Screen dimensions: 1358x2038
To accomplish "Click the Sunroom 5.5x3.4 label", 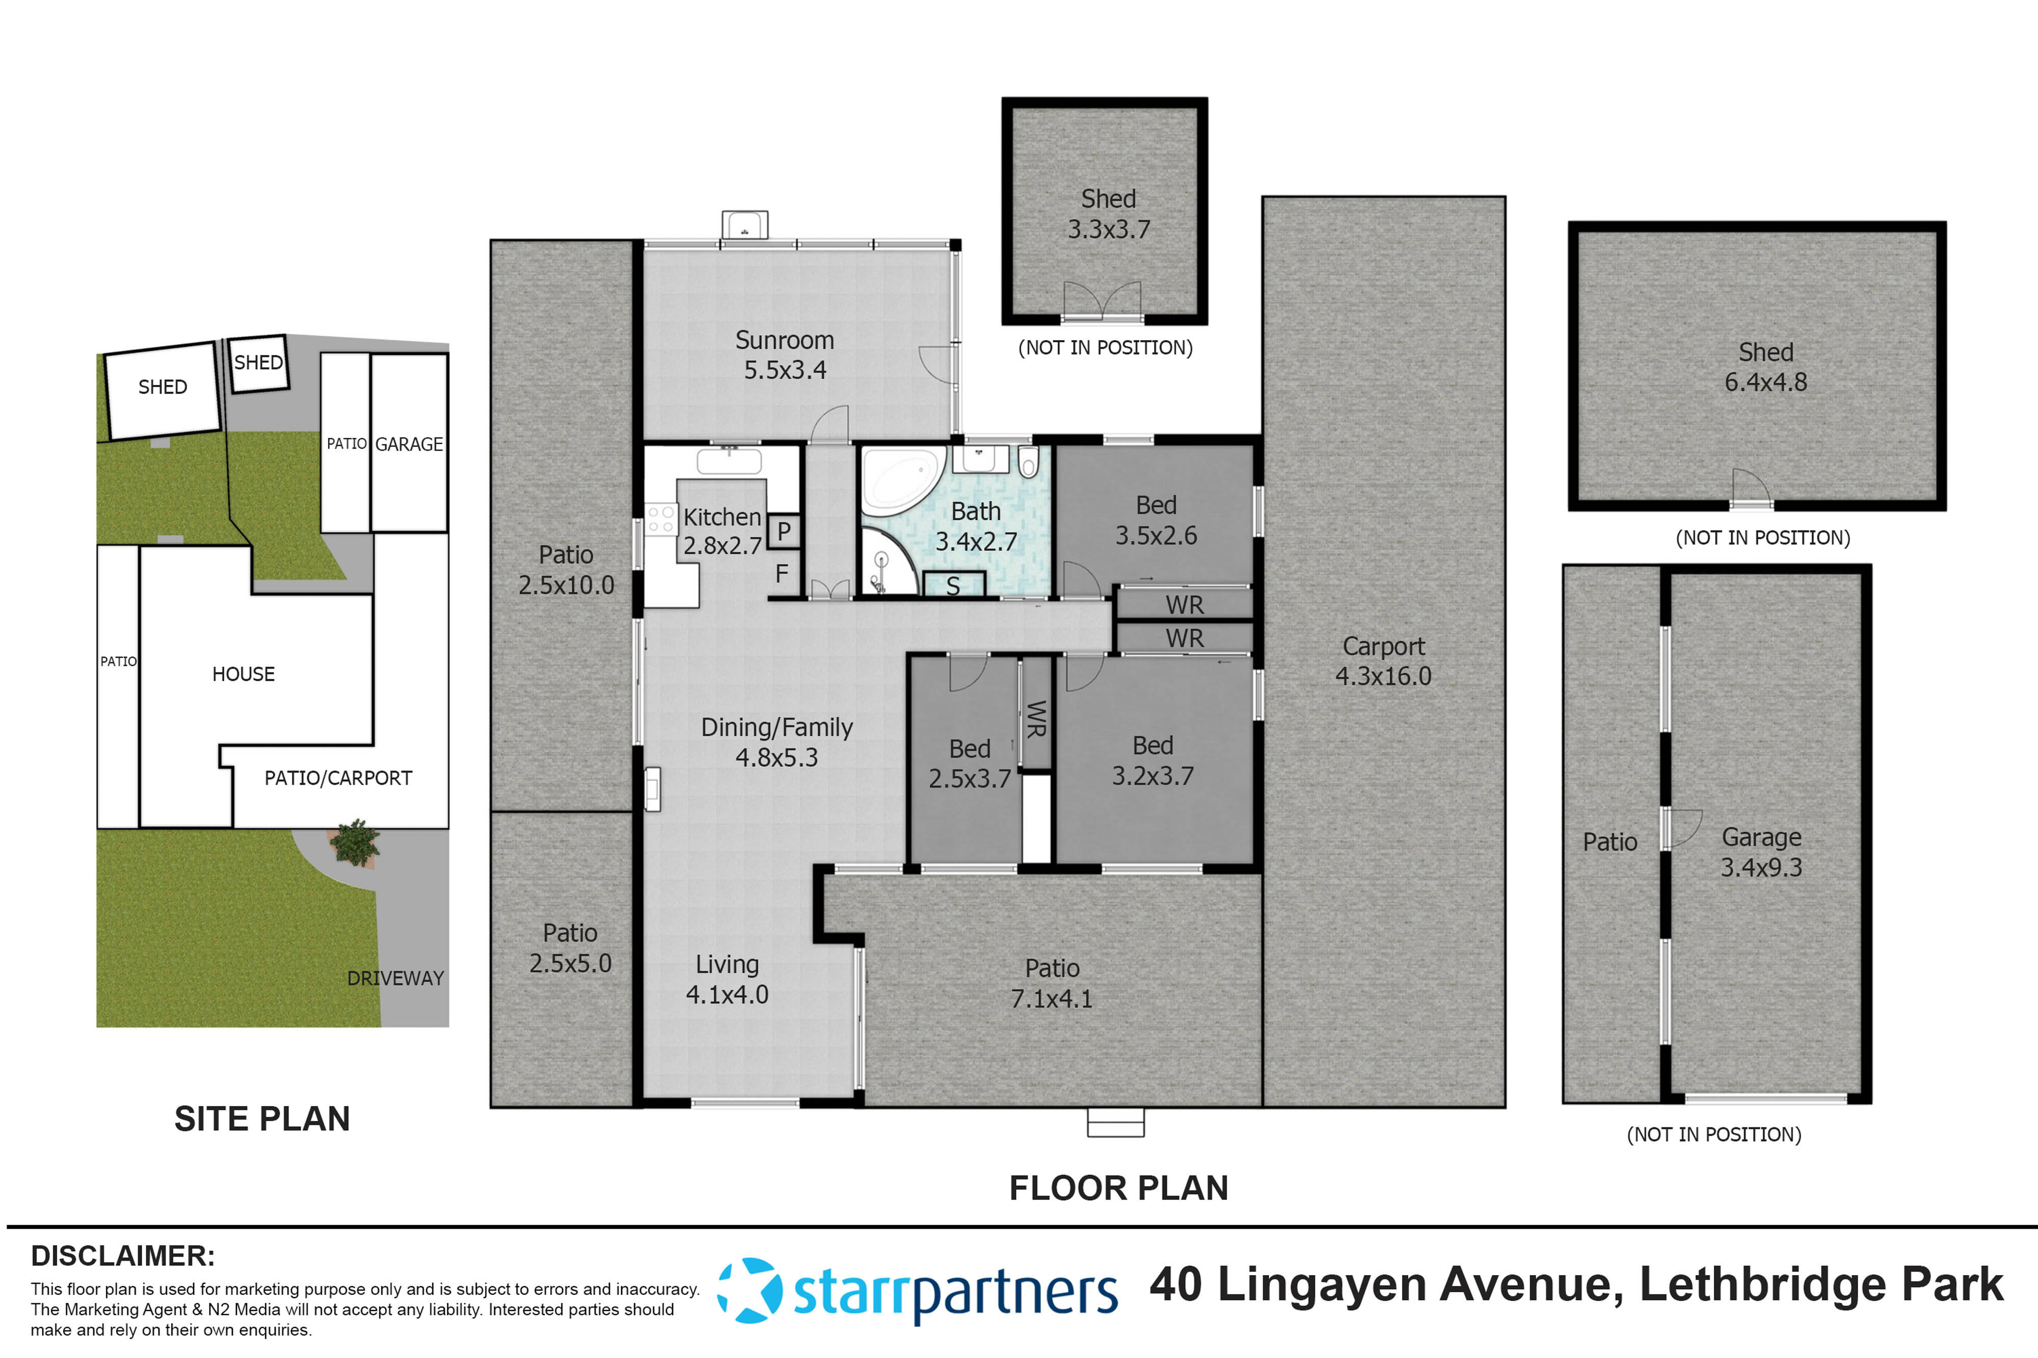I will click(x=784, y=355).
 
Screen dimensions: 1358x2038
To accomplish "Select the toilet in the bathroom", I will click(x=1028, y=462).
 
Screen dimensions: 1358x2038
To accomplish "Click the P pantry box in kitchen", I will click(x=783, y=531).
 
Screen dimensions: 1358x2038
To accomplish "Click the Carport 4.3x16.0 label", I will click(x=1383, y=661).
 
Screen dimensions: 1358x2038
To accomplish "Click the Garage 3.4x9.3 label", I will click(x=1761, y=851).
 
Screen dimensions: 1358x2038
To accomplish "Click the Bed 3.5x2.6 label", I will click(x=1156, y=520).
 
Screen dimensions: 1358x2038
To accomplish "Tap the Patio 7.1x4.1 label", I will click(x=1052, y=983).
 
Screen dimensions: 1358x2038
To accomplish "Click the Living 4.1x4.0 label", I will click(x=727, y=979).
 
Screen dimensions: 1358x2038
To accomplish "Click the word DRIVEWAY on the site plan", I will click(x=395, y=978).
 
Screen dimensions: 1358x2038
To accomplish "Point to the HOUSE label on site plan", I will click(x=244, y=674).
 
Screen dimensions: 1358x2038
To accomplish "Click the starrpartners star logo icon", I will click(x=750, y=1290).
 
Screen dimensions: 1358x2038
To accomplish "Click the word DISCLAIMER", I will click(x=122, y=1256).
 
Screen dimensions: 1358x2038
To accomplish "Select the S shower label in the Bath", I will click(x=953, y=587).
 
